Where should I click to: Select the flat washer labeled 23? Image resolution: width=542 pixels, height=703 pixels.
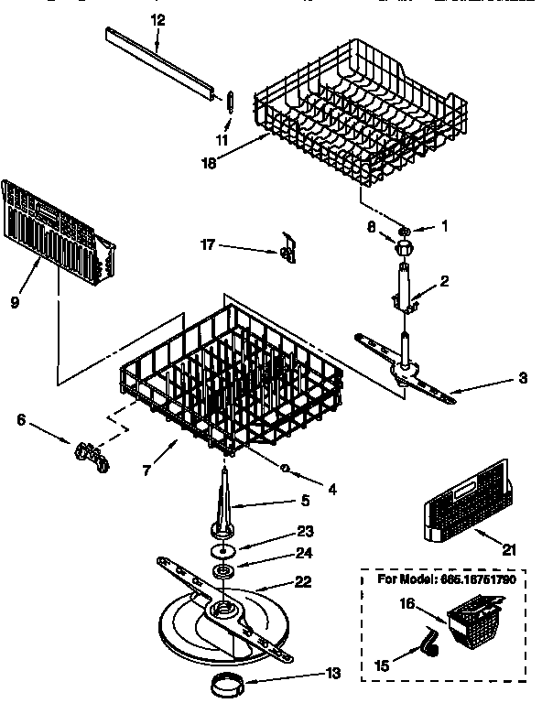click(x=221, y=552)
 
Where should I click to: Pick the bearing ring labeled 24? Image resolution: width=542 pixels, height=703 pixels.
click(x=222, y=574)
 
